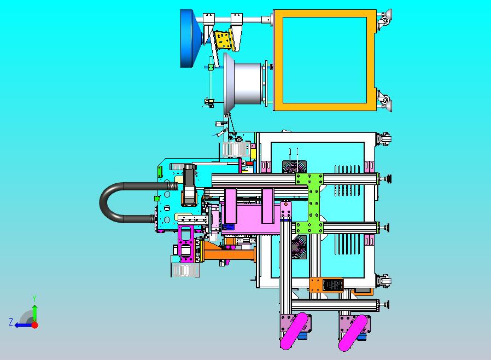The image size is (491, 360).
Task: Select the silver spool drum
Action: [x=244, y=83]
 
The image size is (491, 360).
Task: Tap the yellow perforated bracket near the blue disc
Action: [x=223, y=40]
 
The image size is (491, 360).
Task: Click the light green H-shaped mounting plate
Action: [x=309, y=204]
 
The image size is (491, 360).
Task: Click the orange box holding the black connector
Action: [x=326, y=285]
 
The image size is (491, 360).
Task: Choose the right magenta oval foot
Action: [x=352, y=333]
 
